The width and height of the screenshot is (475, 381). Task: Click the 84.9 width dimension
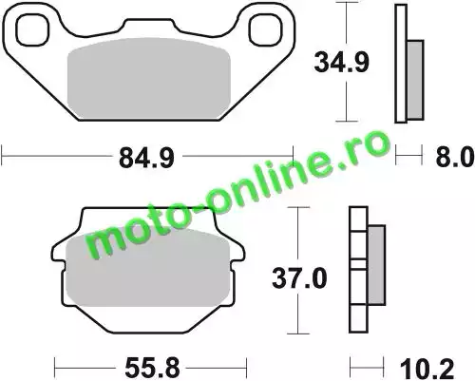tap(146, 158)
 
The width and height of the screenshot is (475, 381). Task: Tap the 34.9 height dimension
tap(341, 63)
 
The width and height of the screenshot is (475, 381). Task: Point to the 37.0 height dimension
tap(299, 278)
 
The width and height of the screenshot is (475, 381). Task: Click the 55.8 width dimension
tap(152, 368)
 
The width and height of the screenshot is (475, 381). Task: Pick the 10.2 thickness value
tap(427, 369)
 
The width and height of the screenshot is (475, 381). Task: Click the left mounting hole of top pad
tap(33, 29)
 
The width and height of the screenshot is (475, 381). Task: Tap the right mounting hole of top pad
tap(265, 30)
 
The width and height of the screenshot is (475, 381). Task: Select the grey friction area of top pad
tap(149, 78)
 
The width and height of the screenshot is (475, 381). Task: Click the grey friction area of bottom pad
tap(148, 268)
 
